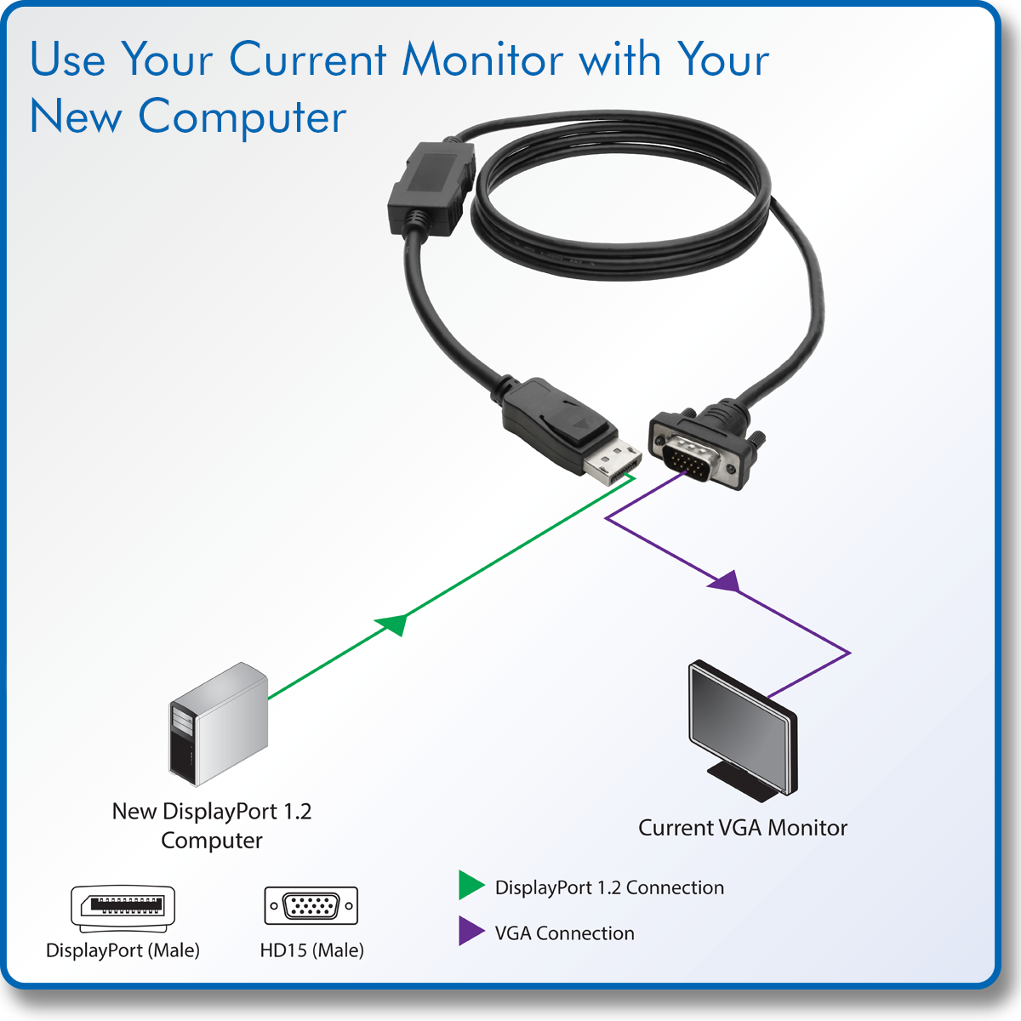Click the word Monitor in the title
point(482,60)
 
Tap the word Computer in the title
point(242,117)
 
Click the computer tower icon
point(219,725)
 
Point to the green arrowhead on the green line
point(393,624)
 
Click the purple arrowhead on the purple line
point(726,582)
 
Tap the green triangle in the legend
point(471,886)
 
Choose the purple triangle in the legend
point(471,931)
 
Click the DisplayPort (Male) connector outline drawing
point(123,908)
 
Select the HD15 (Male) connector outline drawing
point(311,906)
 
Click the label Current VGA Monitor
point(743,828)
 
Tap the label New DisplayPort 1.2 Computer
point(212,825)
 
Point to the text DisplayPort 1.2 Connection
point(609,887)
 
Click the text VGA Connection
point(565,933)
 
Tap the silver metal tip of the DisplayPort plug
point(612,464)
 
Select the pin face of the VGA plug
point(690,459)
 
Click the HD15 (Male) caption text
point(311,950)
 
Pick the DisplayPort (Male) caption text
point(123,950)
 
